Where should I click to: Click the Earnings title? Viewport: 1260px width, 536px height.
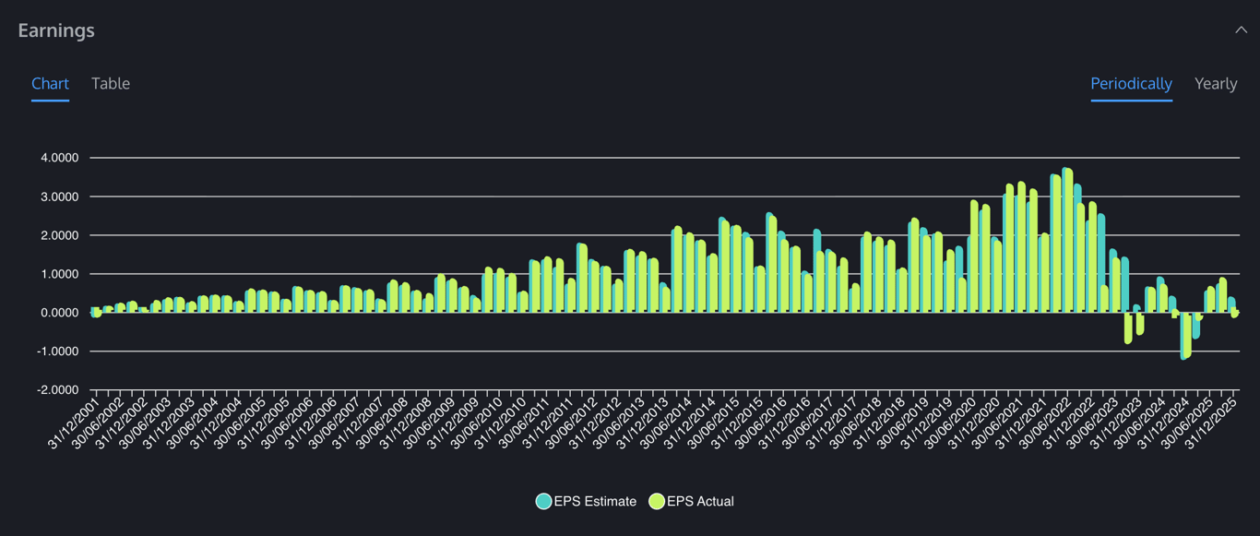click(x=56, y=30)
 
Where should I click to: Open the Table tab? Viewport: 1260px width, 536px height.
click(x=111, y=83)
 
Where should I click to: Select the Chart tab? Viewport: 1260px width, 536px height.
click(x=50, y=83)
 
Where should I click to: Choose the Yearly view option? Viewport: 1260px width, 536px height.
click(x=1216, y=83)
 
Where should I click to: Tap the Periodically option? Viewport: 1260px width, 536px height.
click(x=1131, y=83)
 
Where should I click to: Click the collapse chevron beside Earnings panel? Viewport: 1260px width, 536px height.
click(x=1241, y=30)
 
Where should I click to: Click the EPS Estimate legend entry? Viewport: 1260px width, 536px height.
click(x=587, y=502)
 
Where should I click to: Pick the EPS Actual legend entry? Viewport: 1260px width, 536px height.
click(x=692, y=502)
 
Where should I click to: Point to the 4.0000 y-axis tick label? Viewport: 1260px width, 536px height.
click(x=60, y=158)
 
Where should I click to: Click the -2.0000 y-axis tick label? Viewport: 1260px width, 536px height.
click(x=58, y=390)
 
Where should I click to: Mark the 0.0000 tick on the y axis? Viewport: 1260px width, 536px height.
click(x=60, y=313)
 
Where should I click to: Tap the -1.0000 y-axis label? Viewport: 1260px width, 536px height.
click(x=58, y=351)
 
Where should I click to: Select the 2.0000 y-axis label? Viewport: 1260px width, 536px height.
click(x=60, y=235)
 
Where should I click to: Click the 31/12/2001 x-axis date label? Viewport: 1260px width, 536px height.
click(x=72, y=424)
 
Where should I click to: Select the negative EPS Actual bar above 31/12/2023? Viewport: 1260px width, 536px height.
click(x=1128, y=328)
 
